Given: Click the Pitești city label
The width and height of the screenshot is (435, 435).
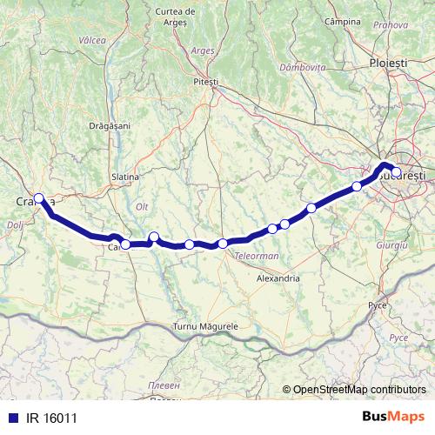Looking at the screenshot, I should (x=206, y=81).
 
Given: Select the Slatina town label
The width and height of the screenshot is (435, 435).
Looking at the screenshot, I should (x=125, y=177).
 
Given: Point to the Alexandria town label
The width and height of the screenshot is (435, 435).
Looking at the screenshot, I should (x=278, y=278).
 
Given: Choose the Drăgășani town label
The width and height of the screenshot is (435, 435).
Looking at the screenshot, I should (x=109, y=125).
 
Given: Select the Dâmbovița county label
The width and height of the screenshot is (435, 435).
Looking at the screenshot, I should (x=303, y=67).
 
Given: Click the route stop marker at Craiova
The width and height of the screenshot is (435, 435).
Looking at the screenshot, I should (x=38, y=197).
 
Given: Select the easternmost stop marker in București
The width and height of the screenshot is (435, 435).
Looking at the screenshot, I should (x=396, y=172).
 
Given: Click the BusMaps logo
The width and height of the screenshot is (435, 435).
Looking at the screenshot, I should (x=392, y=417).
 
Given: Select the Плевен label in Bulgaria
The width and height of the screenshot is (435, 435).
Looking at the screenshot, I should (x=165, y=385).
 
